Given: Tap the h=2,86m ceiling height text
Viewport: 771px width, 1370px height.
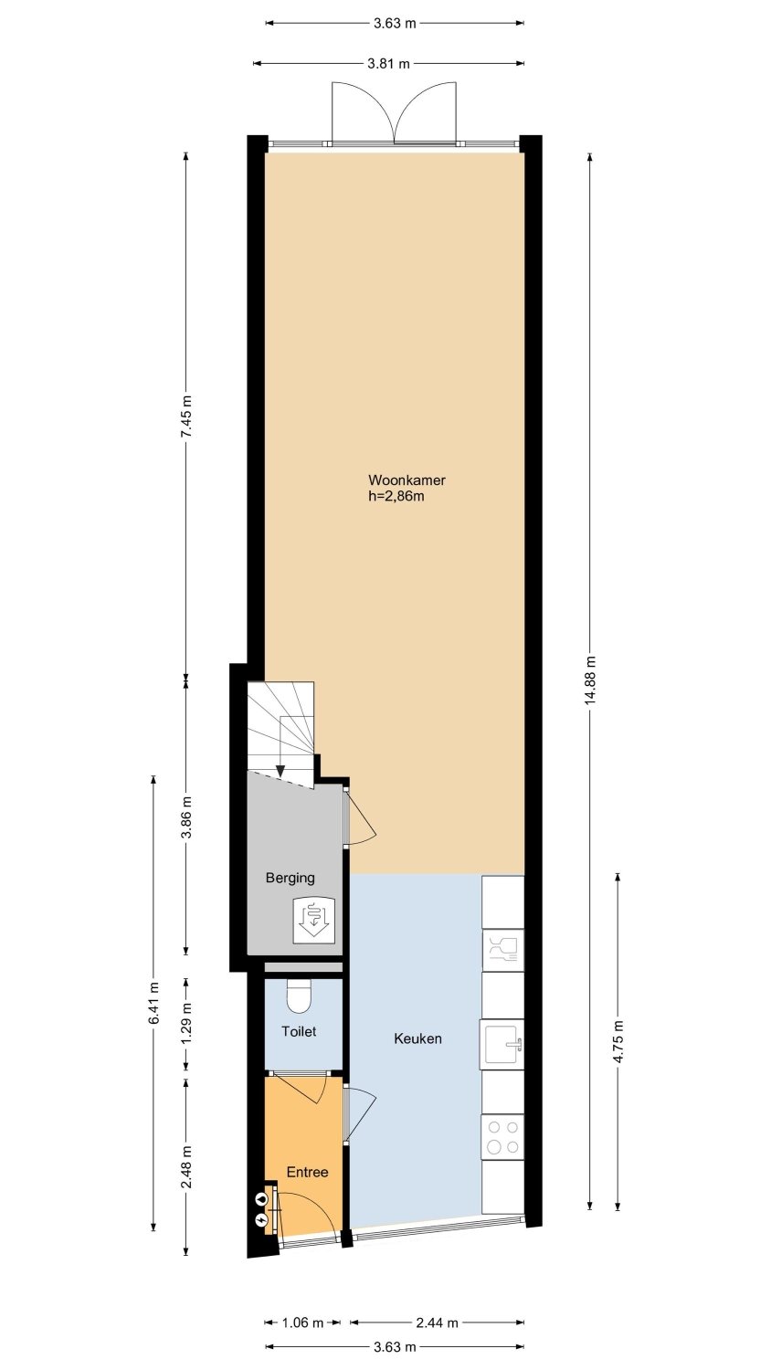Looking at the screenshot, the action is [396, 496].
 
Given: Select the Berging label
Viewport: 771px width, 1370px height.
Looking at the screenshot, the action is [290, 879].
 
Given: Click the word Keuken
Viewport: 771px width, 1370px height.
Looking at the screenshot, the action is [418, 1038].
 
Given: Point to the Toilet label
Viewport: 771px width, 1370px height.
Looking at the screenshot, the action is [299, 1032].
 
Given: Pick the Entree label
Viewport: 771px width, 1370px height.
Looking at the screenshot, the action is [307, 1172].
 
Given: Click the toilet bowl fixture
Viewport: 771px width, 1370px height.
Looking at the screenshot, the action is [300, 997].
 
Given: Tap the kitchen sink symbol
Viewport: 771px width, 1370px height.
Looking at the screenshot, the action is [502, 1044].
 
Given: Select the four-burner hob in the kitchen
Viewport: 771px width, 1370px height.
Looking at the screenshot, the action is [502, 1137].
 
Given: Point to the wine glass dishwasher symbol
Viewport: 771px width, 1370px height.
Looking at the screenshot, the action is [502, 951].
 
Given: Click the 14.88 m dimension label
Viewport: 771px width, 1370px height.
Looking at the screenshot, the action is [590, 680].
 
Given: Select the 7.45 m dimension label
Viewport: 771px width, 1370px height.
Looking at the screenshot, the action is [186, 416].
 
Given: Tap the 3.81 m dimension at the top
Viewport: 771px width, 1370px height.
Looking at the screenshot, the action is [388, 63].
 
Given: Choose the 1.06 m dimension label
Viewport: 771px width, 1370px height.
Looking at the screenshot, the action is [302, 1323].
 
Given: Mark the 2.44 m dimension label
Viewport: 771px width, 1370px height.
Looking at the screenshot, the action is [437, 1323].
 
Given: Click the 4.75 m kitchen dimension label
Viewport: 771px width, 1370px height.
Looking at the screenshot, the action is [618, 1042].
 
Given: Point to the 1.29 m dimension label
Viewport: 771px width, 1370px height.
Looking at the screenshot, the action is [186, 1023].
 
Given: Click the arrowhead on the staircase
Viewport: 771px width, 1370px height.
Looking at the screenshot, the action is [280, 771].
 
